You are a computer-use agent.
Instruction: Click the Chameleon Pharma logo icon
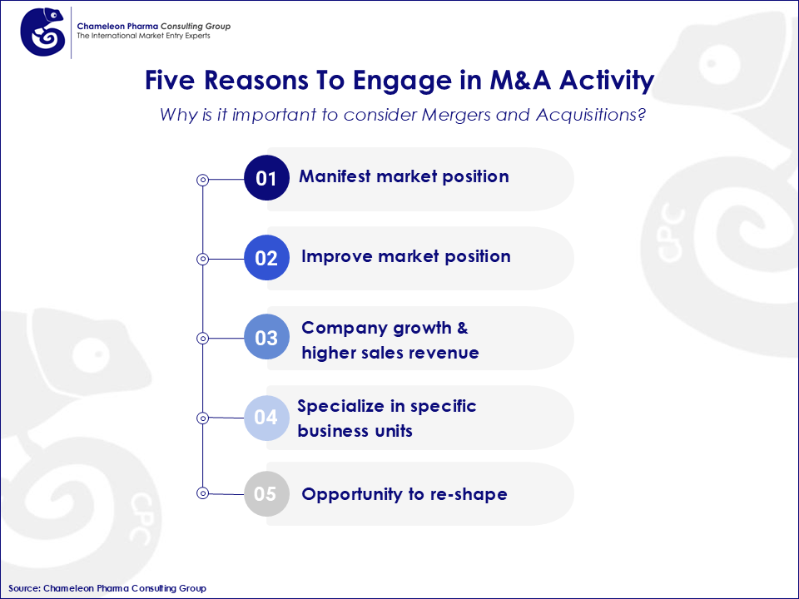coord(43,32)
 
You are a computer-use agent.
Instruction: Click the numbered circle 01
coord(266,178)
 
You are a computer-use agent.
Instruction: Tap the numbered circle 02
coord(266,258)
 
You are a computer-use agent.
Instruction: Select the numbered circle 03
coord(266,338)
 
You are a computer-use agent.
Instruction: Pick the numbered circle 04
coord(266,417)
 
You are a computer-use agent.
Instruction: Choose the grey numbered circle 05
coord(266,494)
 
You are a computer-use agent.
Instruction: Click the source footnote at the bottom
coord(107,588)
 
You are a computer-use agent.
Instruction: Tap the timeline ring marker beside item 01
coord(201,179)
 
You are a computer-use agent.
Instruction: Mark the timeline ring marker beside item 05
coord(201,493)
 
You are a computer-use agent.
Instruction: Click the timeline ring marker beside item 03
coord(201,339)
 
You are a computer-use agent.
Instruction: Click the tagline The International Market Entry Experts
coord(143,37)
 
